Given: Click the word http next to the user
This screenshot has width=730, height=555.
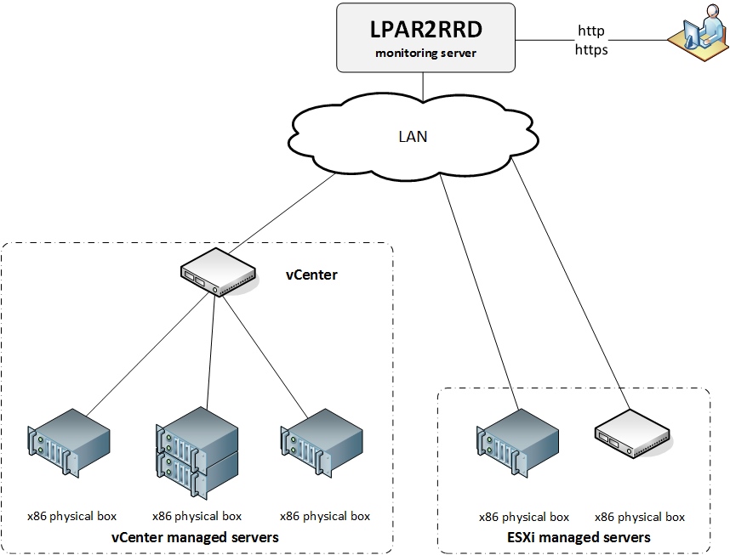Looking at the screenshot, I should (x=590, y=31).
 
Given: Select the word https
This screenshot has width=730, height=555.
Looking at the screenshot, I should (x=590, y=49).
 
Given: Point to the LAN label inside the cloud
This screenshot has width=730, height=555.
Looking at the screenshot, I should (x=413, y=136).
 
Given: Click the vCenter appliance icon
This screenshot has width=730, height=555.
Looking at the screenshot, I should (x=218, y=274).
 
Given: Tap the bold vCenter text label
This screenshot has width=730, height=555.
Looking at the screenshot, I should (x=311, y=275).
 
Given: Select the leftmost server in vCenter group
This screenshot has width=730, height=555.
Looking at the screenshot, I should (x=68, y=442).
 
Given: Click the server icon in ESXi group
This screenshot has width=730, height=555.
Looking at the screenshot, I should (x=516, y=442).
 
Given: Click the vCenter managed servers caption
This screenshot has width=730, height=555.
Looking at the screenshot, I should (x=195, y=537).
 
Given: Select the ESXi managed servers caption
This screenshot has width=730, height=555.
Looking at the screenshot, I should (x=578, y=537).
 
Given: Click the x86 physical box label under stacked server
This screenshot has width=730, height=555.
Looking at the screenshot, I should (x=197, y=516).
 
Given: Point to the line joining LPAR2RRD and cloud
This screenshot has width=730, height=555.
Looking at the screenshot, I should (x=423, y=84).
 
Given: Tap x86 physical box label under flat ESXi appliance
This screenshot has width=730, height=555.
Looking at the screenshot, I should (x=639, y=516).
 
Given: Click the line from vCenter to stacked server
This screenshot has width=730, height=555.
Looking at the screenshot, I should (x=212, y=348).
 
